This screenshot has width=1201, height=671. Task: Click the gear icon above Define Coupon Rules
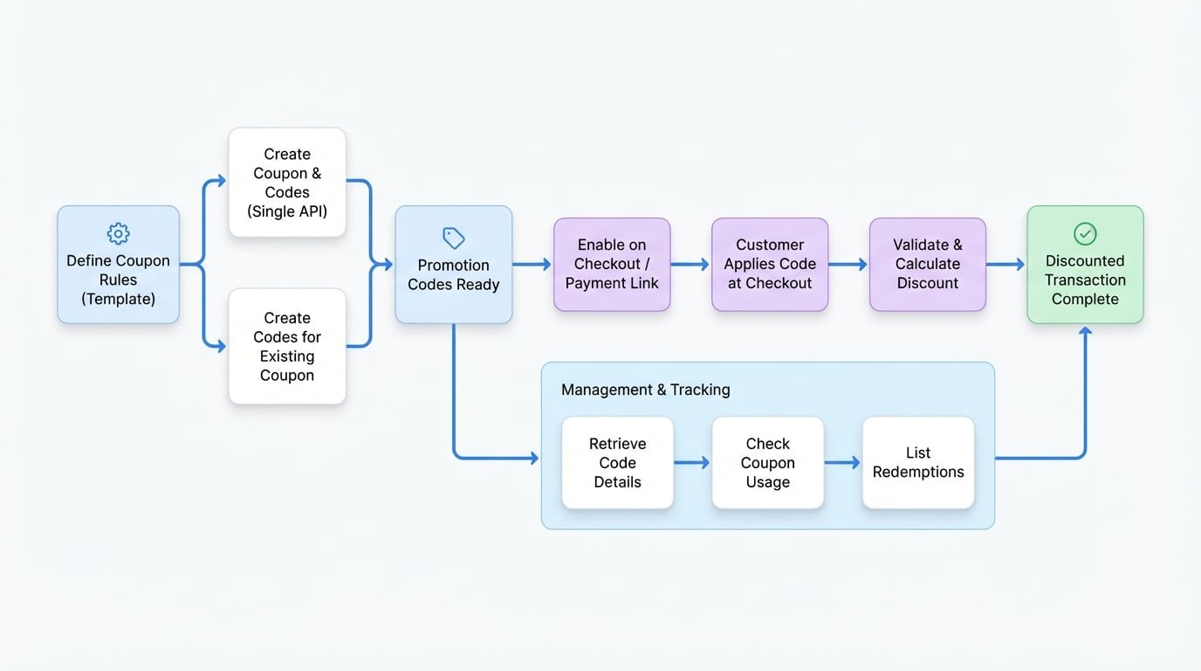pos(118,233)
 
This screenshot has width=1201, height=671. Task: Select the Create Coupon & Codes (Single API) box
pos(287,183)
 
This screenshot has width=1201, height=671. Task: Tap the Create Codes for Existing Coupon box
pos(287,347)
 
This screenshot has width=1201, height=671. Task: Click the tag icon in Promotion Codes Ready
pos(454,238)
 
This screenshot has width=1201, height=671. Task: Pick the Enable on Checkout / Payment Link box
pos(612,264)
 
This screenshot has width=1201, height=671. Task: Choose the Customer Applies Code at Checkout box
pos(770,264)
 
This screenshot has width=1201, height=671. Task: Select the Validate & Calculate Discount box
pos(928,264)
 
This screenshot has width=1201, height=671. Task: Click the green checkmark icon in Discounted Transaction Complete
pos(1085,233)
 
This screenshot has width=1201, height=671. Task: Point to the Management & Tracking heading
pos(645,390)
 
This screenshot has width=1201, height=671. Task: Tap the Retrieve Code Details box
pos(617,463)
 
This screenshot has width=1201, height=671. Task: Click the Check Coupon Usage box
pos(768,463)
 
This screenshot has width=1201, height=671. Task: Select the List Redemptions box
pos(918,463)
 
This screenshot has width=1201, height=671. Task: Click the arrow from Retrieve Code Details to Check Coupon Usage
pos(692,463)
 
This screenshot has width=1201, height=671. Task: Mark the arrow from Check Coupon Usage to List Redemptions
pos(843,463)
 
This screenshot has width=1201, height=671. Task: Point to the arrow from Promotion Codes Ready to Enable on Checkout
pos(532,264)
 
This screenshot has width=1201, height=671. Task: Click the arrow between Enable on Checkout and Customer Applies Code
pos(690,264)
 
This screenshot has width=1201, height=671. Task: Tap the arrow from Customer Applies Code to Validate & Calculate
pos(848,264)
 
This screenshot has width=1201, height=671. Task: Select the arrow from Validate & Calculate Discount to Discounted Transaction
pos(1006,264)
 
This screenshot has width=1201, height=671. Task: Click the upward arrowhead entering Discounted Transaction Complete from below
pos(1085,332)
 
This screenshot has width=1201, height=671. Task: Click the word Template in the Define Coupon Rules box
pos(119,299)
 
